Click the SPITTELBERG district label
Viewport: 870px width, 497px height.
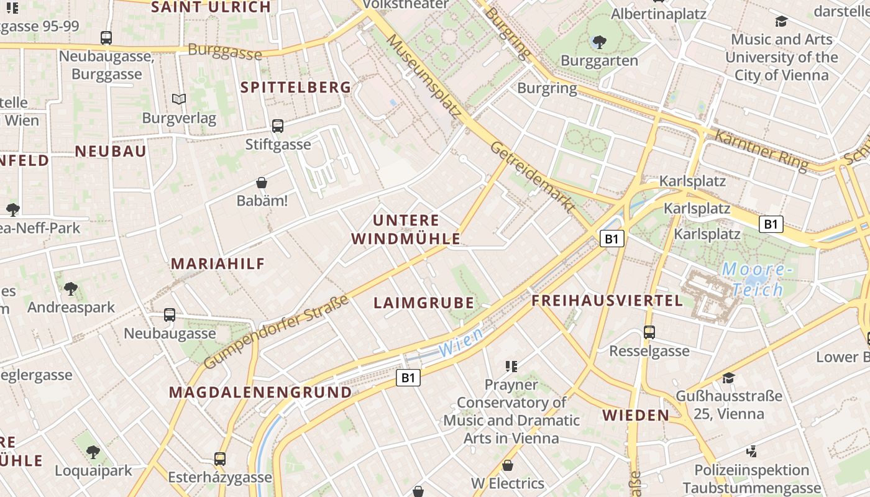tap(296, 88)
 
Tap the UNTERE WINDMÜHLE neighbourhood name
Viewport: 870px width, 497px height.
tap(406, 229)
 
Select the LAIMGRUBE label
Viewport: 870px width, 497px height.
tap(424, 303)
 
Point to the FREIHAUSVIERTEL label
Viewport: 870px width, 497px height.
tap(607, 301)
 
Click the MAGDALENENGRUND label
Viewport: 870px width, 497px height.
tap(260, 393)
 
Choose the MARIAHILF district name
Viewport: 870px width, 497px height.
tap(218, 263)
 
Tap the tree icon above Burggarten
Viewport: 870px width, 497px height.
tap(599, 42)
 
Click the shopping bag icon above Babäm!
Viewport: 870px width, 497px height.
tap(262, 183)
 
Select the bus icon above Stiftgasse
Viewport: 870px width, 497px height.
tap(278, 126)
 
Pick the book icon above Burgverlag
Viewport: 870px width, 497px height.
tap(179, 99)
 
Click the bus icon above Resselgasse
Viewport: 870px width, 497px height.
tap(649, 332)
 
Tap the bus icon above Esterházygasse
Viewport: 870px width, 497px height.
tap(220, 459)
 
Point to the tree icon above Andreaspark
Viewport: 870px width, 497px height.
tap(71, 289)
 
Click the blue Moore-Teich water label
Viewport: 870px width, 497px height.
tap(757, 280)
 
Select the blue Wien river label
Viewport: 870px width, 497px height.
tap(460, 343)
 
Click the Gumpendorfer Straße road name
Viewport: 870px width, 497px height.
tap(276, 333)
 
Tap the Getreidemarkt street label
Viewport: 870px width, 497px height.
tap(532, 178)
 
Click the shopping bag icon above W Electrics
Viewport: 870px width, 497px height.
tap(508, 465)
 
